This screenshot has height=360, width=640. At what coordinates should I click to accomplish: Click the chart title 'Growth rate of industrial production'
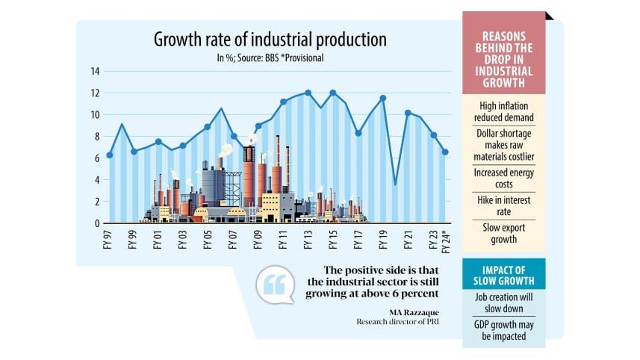tap(270, 39)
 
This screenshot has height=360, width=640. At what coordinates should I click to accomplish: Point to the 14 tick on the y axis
tap(95, 71)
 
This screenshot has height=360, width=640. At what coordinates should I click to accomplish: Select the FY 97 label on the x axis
tap(109, 240)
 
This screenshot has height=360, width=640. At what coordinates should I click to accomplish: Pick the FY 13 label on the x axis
tap(308, 240)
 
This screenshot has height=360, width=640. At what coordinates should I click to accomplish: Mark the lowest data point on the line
tap(396, 184)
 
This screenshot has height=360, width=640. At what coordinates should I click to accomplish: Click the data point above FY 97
tap(110, 155)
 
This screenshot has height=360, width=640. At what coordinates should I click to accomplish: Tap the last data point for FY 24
tap(446, 152)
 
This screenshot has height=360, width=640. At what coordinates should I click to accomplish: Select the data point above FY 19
tap(383, 98)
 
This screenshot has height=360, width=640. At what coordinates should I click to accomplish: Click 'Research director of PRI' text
tap(395, 323)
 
